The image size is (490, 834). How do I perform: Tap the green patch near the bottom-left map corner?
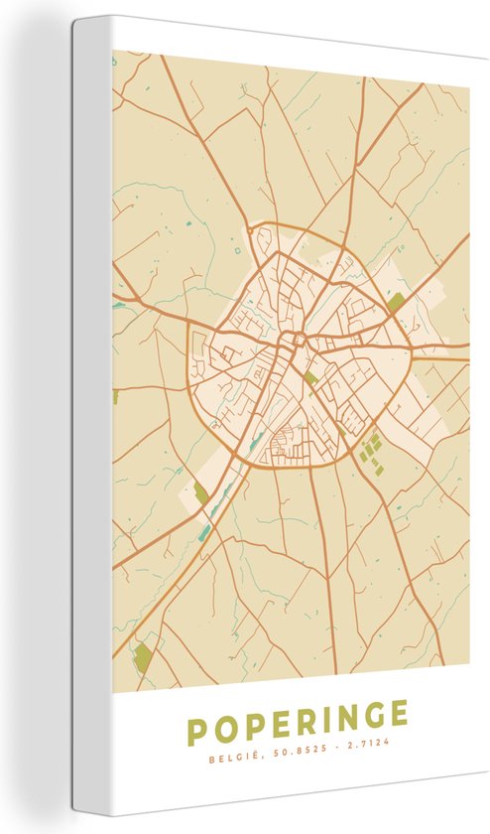coord(144,656)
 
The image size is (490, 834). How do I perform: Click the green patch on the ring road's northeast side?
coord(397,301)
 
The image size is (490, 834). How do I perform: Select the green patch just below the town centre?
coord(310,378)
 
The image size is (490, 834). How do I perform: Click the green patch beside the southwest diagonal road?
coord(201,491)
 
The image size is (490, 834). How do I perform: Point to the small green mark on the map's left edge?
coord(115,397)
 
